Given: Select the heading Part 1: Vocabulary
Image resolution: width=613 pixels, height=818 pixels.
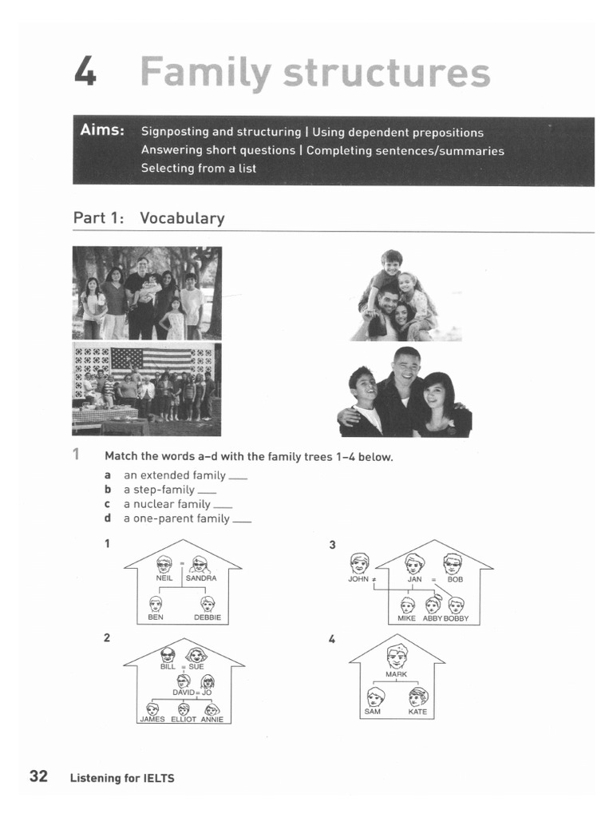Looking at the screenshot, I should click(x=148, y=218).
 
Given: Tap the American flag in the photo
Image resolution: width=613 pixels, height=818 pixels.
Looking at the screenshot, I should click(x=152, y=361).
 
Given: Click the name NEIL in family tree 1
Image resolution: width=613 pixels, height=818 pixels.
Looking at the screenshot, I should click(x=164, y=578).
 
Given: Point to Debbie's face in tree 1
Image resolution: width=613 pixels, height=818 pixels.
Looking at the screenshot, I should click(x=208, y=603).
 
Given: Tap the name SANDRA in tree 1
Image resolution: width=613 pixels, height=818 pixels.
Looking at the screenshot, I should click(x=201, y=578).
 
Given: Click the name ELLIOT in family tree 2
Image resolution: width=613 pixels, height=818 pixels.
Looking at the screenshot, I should click(x=184, y=719).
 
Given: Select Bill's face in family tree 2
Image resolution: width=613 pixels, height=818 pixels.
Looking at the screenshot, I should click(x=168, y=654).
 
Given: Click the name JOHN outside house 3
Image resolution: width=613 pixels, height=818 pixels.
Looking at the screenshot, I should click(x=358, y=579).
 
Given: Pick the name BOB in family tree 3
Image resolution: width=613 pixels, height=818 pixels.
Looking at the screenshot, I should click(x=455, y=579).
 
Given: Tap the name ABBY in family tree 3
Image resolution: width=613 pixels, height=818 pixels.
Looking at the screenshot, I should click(x=432, y=619).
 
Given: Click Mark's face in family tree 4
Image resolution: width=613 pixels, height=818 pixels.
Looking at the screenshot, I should click(x=397, y=656).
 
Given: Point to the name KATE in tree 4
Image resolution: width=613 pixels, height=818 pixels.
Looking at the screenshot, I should click(x=417, y=712).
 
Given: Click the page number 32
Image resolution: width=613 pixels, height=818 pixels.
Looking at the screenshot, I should click(x=39, y=776).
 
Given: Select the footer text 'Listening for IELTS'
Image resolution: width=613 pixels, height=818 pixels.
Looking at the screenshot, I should click(x=121, y=778).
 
